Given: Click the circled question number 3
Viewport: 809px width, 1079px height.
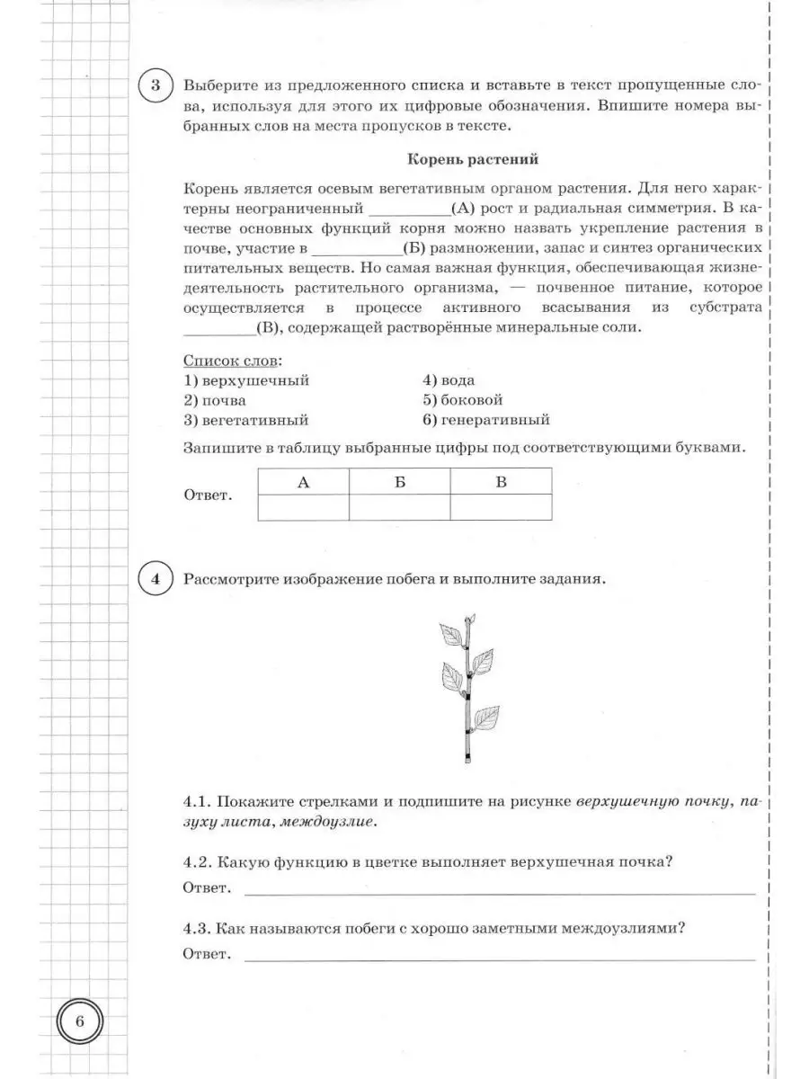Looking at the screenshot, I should [x=156, y=86].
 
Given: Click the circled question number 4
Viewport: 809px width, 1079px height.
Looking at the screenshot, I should [x=156, y=579].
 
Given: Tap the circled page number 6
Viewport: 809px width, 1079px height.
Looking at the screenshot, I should [x=80, y=1022].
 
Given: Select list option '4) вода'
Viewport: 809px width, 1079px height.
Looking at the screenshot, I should [x=449, y=380].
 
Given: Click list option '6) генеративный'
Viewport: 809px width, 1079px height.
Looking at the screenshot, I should [x=485, y=420].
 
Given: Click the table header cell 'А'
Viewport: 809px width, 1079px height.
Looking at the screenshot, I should [x=303, y=483].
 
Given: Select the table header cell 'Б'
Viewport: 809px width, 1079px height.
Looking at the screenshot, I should [x=399, y=483].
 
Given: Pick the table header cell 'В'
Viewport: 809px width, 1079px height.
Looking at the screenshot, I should [x=501, y=483].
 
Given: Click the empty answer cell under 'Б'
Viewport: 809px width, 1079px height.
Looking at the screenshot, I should [x=399, y=508].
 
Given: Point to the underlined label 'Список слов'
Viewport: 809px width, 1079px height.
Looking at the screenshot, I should [x=231, y=361].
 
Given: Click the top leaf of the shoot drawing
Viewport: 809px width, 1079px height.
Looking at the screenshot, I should [x=449, y=636].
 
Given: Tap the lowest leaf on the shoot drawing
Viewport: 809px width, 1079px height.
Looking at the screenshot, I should [x=486, y=718].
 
